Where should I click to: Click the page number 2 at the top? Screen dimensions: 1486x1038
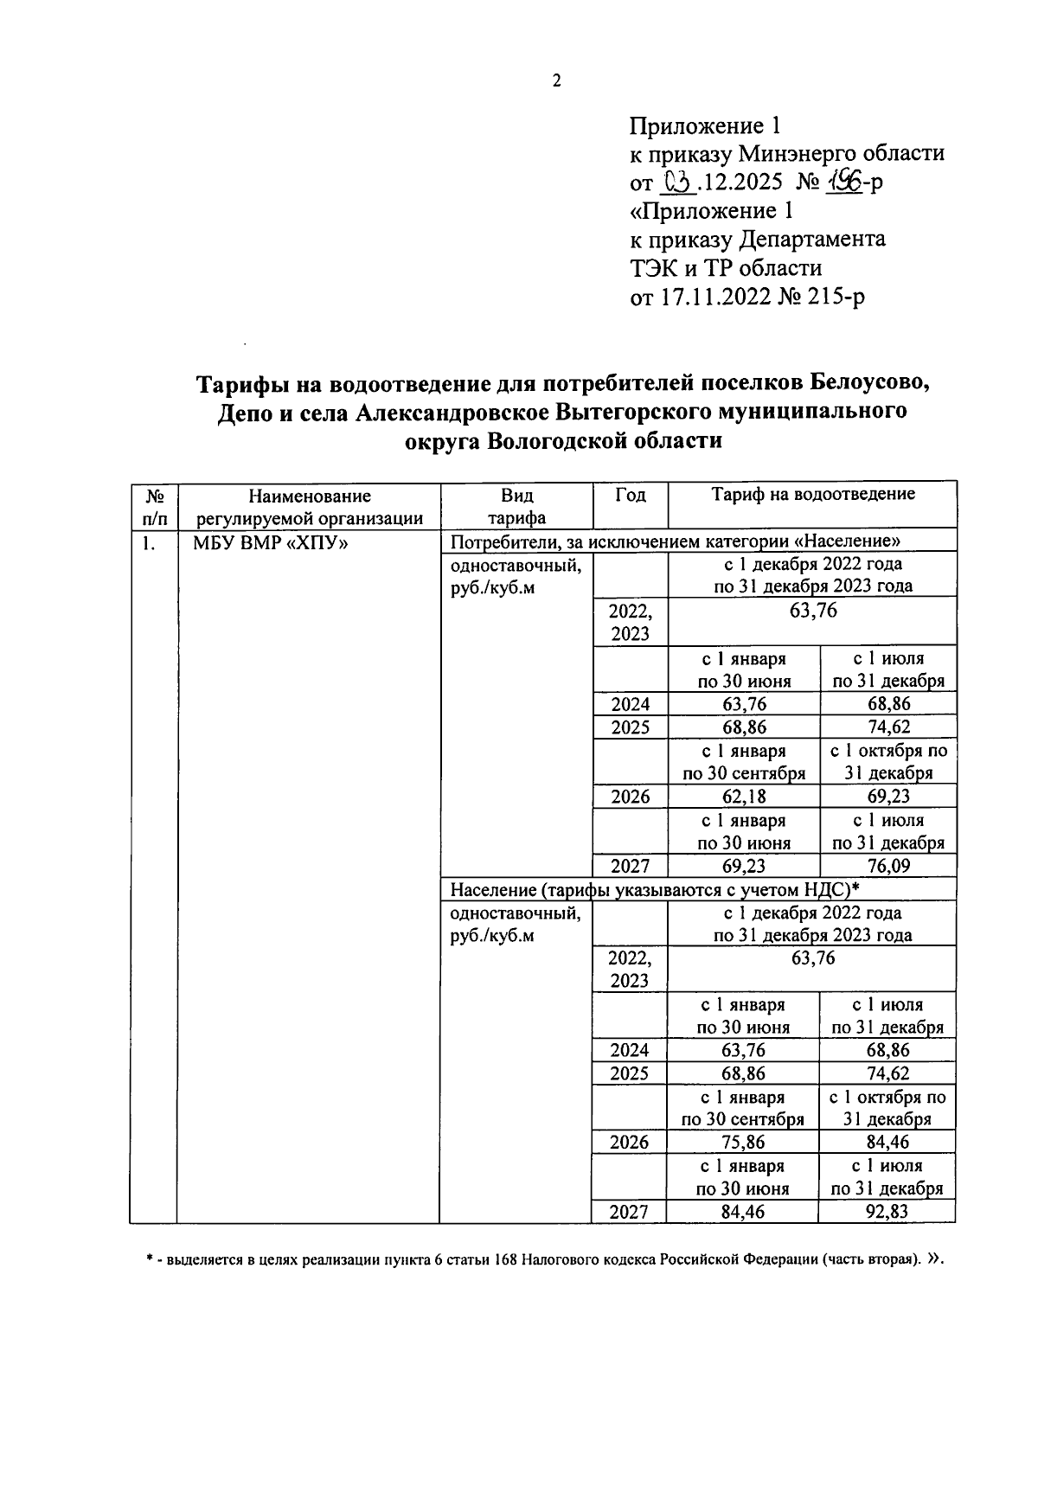pos(556,81)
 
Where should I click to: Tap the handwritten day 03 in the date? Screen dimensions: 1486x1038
pos(676,182)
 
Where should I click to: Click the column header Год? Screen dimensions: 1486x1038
pos(630,495)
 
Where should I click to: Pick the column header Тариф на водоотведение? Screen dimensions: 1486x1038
pos(812,495)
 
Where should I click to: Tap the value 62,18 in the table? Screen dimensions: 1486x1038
pos(744,797)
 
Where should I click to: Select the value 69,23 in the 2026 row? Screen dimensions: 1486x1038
pos(888,797)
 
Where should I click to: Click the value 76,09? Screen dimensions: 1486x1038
pos(888,866)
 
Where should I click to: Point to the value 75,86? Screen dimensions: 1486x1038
pos(743,1142)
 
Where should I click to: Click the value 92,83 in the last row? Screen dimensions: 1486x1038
pos(887,1211)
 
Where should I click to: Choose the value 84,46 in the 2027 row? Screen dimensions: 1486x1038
pos(743,1211)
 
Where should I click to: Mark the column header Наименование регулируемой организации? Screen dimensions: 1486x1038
pos(309,507)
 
